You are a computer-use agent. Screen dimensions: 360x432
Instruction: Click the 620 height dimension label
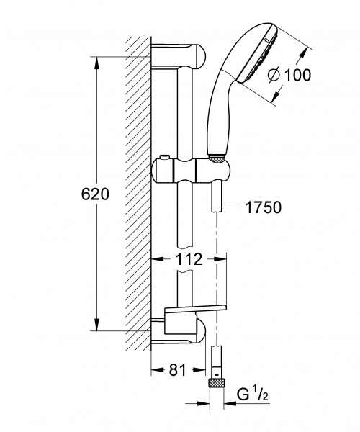pos(95,194)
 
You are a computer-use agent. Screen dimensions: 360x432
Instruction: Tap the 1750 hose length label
pos(264,207)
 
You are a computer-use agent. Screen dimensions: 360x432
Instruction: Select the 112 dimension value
pos(189,259)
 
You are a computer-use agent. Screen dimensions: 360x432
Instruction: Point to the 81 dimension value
pos(178,370)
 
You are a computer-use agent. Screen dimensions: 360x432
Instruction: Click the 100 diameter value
pos(297,75)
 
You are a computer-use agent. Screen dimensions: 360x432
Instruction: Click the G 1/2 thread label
pos(253,395)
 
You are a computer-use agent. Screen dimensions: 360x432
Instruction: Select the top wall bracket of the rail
pos(179,55)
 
